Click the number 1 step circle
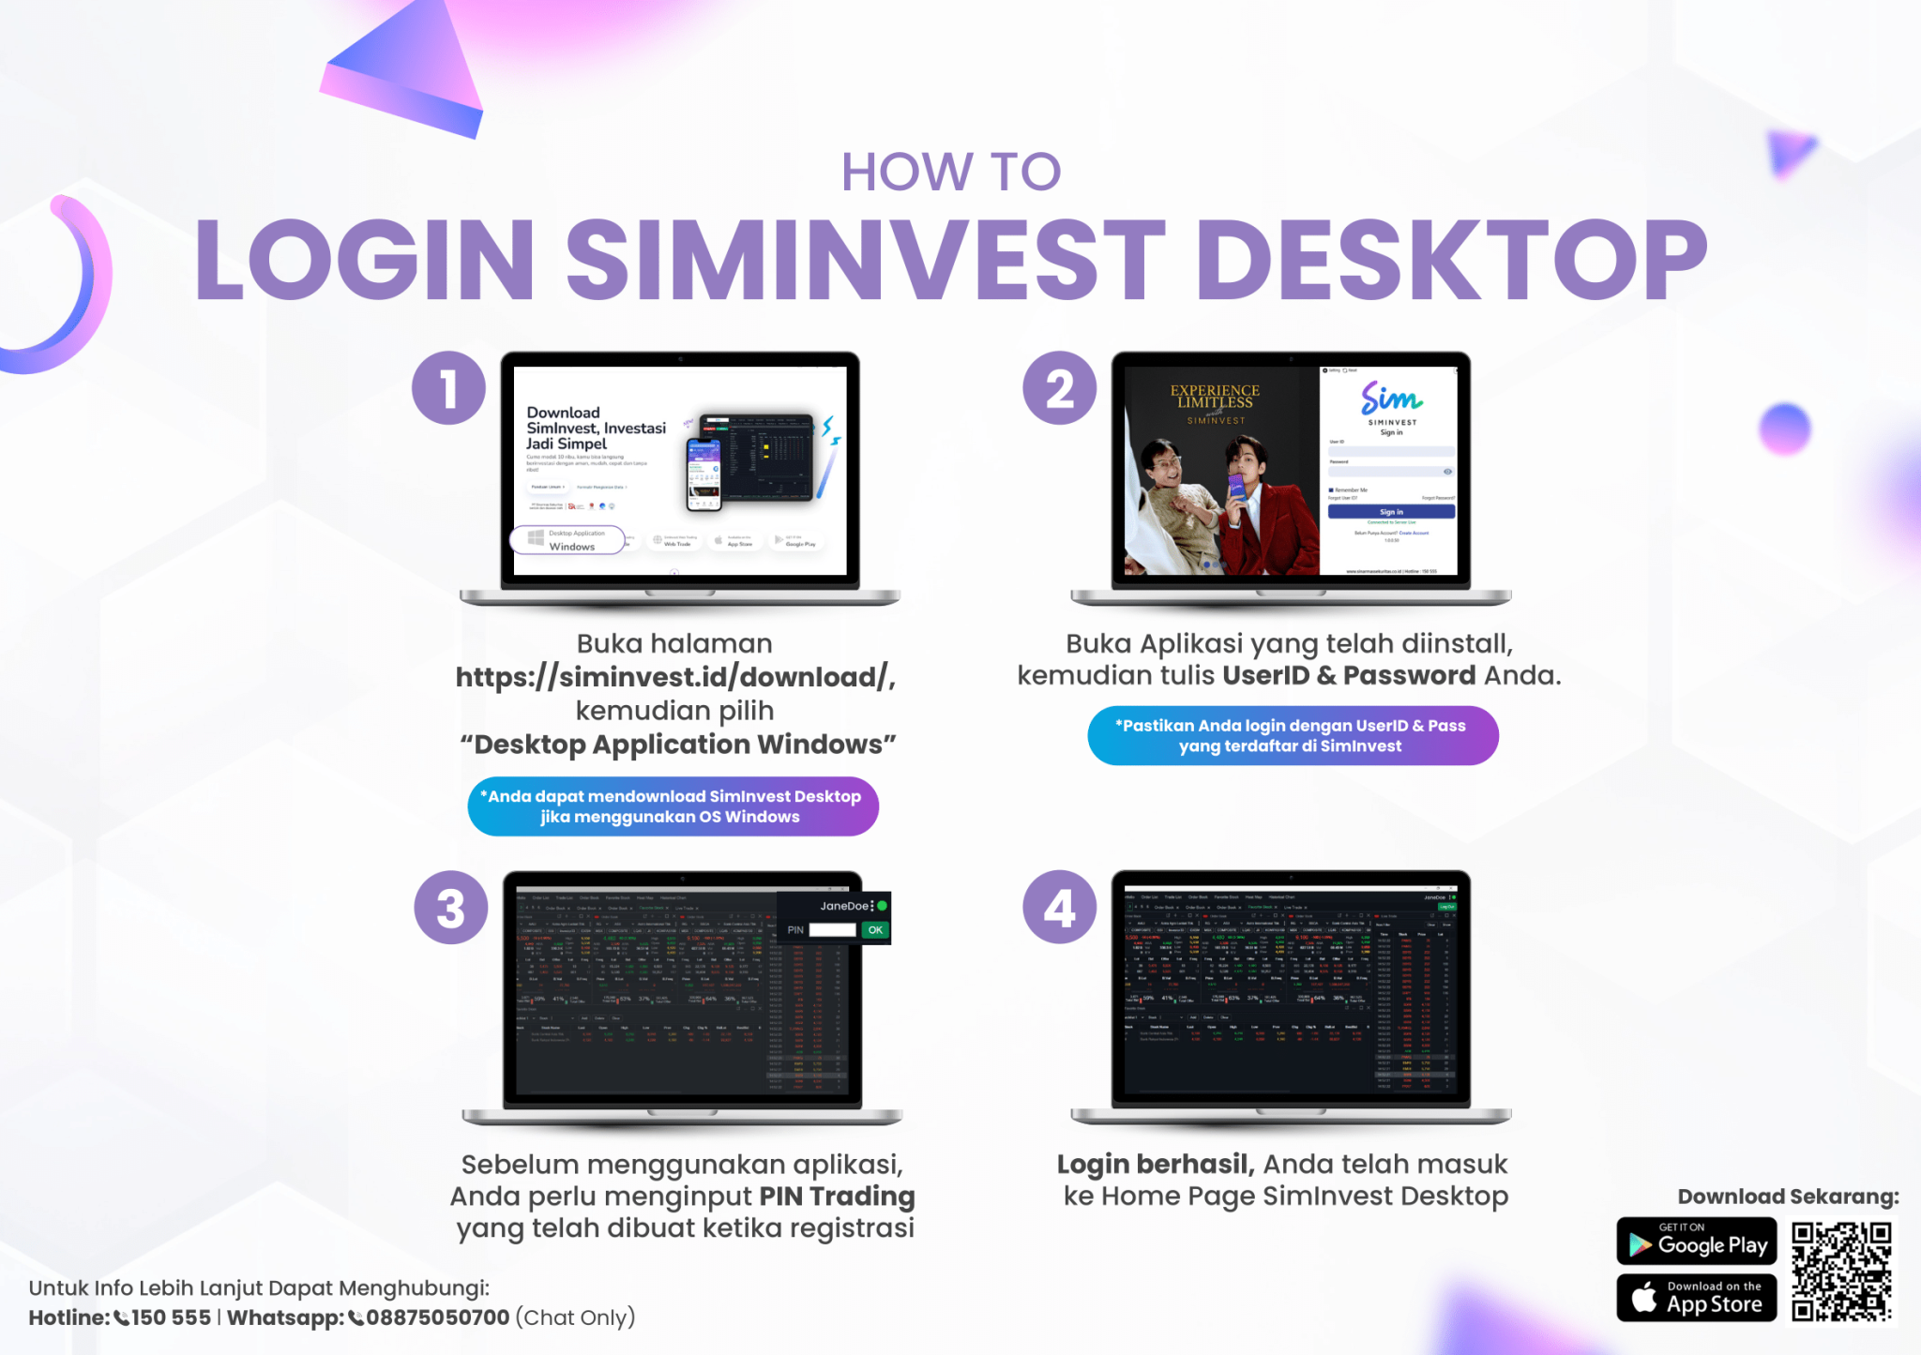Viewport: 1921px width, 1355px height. pyautogui.click(x=448, y=388)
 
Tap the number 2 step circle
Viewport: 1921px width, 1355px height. pyautogui.click(x=1059, y=388)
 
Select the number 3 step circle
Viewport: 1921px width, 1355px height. pyautogui.click(x=450, y=908)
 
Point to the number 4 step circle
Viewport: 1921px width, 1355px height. pyautogui.click(x=1059, y=908)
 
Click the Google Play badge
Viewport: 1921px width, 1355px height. pyautogui.click(x=1696, y=1242)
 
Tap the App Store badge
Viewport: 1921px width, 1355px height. pyautogui.click(x=1696, y=1298)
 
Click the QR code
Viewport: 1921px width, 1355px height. pyautogui.click(x=1841, y=1272)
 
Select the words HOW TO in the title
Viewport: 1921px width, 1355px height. pyautogui.click(x=950, y=173)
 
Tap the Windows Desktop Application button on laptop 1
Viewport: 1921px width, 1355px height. pyautogui.click(x=568, y=540)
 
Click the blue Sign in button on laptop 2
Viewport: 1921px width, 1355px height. pyautogui.click(x=1391, y=512)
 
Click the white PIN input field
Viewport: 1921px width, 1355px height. pyautogui.click(x=832, y=930)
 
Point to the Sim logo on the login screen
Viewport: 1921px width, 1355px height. pyautogui.click(x=1391, y=399)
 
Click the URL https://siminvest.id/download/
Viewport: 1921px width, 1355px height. pyautogui.click(x=675, y=677)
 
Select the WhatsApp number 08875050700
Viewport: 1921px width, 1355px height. pyautogui.click(x=437, y=1317)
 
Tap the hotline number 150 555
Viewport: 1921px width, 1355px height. pyautogui.click(x=171, y=1317)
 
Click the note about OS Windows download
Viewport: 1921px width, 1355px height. pyautogui.click(x=673, y=806)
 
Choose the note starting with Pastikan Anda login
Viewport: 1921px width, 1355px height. pyautogui.click(x=1292, y=736)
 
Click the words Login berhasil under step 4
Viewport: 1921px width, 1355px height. pyautogui.click(x=1155, y=1165)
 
